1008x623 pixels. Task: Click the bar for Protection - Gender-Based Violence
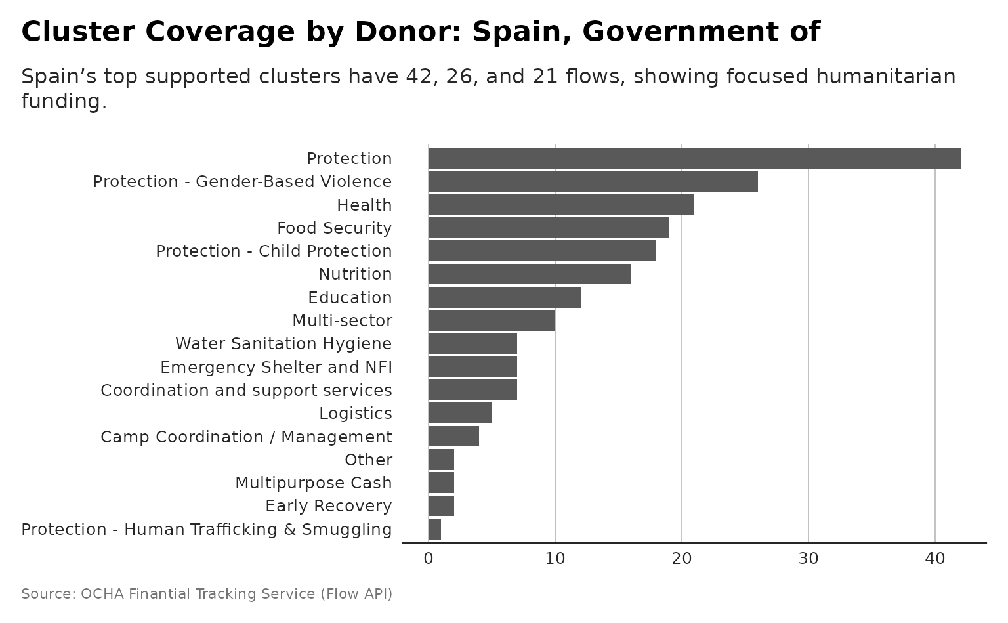[x=593, y=181]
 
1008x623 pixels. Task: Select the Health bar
[x=561, y=205]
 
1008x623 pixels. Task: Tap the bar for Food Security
[x=549, y=228]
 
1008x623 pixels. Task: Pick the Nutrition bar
[x=530, y=274]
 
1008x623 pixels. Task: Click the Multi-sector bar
[x=492, y=320]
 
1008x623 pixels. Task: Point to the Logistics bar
[x=460, y=413]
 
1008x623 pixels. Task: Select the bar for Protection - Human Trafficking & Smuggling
[x=434, y=529]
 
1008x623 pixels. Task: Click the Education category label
[x=350, y=297]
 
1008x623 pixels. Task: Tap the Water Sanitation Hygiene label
[x=283, y=344]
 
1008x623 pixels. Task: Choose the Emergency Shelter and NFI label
[x=276, y=367]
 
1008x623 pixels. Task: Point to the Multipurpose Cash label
[x=313, y=483]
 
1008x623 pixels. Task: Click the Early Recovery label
[x=328, y=506]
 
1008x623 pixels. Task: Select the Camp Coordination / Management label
[x=246, y=437]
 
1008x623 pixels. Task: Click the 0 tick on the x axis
[x=429, y=559]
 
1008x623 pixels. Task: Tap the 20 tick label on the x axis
[x=682, y=559]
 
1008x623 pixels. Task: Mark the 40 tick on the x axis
[x=935, y=559]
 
